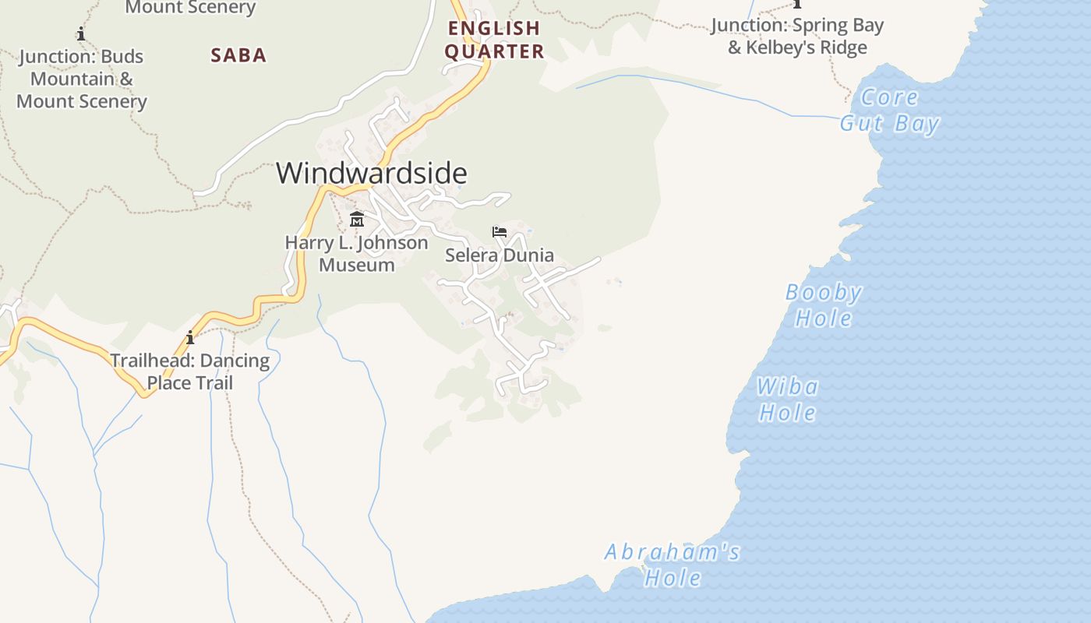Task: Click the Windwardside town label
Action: pyautogui.click(x=372, y=173)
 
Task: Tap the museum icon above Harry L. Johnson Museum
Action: pyautogui.click(x=357, y=219)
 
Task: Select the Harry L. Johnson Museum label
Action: pyautogui.click(x=357, y=253)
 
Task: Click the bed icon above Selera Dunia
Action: pyautogui.click(x=500, y=232)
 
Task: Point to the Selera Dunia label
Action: pyautogui.click(x=500, y=255)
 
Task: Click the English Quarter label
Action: pyautogui.click(x=494, y=40)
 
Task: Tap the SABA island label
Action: pyautogui.click(x=238, y=55)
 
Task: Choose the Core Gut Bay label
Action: pyautogui.click(x=890, y=111)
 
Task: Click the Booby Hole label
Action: pyautogui.click(x=824, y=305)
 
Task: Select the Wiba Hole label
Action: pyautogui.click(x=788, y=399)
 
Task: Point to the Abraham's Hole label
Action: pyautogui.click(x=673, y=565)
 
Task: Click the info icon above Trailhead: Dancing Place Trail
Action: pyautogui.click(x=190, y=338)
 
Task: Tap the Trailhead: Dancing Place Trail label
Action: pyautogui.click(x=190, y=372)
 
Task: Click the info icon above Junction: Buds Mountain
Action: pyautogui.click(x=81, y=33)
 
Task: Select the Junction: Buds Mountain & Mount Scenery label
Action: pyautogui.click(x=81, y=79)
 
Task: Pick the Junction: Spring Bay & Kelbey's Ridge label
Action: pyautogui.click(x=797, y=37)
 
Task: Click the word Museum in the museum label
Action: pyautogui.click(x=357, y=265)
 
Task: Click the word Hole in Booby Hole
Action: pyautogui.click(x=824, y=318)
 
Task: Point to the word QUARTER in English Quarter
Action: pyautogui.click(x=494, y=52)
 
